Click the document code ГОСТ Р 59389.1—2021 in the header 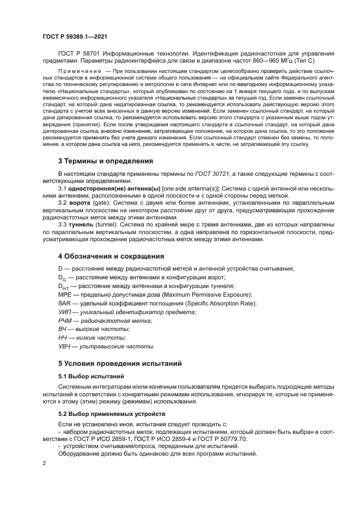(74, 36)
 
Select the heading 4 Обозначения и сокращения (111, 256)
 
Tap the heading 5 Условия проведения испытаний (120, 363)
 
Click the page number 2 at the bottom (44, 463)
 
